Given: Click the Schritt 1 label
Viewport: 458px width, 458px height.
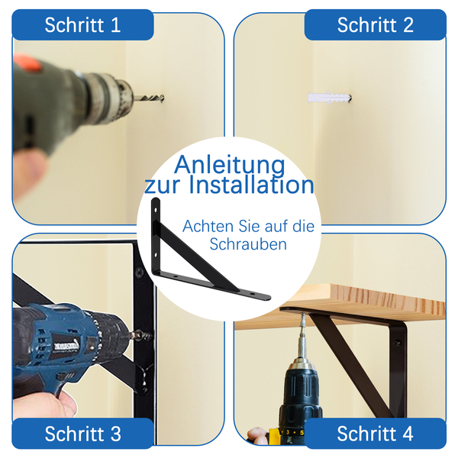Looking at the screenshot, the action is tap(82, 25).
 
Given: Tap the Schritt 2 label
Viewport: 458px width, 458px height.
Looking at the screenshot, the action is tap(376, 25).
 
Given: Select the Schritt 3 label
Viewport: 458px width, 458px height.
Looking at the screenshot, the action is tap(82, 434).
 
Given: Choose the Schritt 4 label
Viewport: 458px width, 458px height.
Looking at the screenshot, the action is tap(376, 434).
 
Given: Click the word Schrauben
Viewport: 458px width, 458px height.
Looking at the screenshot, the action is tap(248, 244).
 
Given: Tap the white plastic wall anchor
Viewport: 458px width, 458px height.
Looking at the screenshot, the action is tap(330, 97).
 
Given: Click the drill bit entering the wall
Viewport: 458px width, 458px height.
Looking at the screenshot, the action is tap(149, 98).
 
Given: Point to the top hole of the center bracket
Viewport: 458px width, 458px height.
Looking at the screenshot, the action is tap(156, 210).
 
